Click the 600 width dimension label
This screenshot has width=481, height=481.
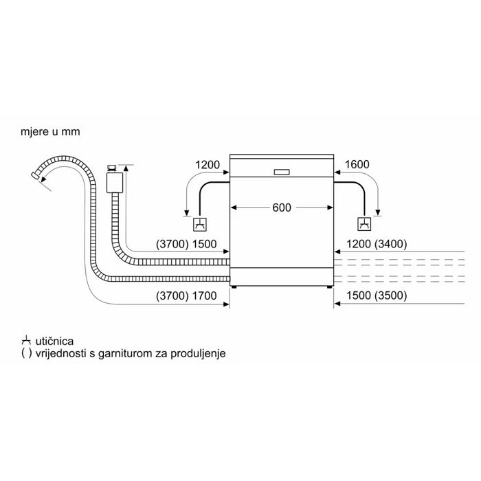tap(282, 208)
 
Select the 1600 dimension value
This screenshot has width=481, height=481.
tap(357, 164)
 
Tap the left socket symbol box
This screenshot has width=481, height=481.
tap(200, 225)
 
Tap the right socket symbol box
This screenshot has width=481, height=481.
tap(364, 224)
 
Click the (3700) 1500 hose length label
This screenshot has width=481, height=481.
tap(186, 244)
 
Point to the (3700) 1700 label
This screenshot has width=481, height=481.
tap(186, 295)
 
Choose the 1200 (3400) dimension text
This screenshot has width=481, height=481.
tap(377, 244)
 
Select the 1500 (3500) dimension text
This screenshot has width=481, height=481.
tap(377, 295)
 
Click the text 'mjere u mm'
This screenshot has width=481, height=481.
tap(50, 132)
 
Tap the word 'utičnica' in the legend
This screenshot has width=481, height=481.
tap(54, 341)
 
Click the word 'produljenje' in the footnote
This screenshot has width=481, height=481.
tap(198, 353)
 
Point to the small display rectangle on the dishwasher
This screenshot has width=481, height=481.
tap(282, 172)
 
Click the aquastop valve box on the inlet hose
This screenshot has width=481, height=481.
tap(115, 183)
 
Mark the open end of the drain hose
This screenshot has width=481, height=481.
tap(35, 176)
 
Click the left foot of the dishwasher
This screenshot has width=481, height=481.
tap(234, 287)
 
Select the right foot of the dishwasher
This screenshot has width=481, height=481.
tap(329, 287)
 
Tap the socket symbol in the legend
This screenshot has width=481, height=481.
tap(26, 341)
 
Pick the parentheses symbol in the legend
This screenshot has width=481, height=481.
tap(26, 353)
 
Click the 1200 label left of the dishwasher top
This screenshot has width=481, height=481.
tap(208, 165)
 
